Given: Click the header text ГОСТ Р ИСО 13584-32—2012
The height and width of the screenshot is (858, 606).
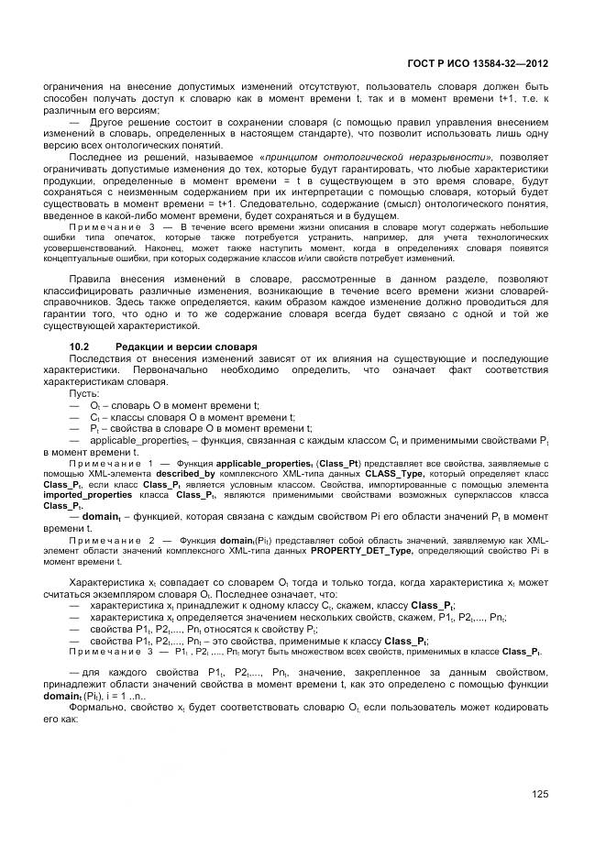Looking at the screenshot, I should (x=479, y=64).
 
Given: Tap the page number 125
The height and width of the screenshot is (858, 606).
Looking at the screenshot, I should (x=540, y=794).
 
